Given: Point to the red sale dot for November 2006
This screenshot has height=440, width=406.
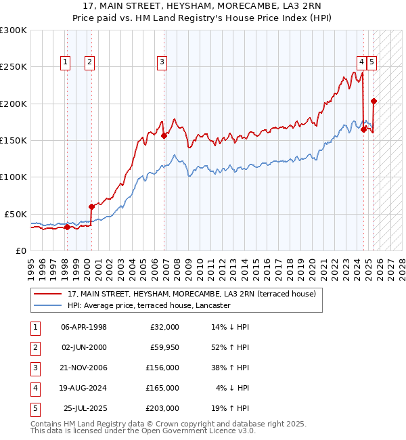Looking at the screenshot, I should (164, 135).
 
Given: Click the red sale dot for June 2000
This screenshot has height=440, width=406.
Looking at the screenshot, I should (91, 206).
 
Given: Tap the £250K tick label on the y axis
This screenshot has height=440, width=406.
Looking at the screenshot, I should (13, 67).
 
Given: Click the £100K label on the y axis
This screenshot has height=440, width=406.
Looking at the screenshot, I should (13, 177).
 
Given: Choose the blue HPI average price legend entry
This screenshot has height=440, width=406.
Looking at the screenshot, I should (149, 305).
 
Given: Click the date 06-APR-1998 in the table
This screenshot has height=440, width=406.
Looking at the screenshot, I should (84, 327).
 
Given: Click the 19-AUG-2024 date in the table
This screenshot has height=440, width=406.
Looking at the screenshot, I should (84, 388).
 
